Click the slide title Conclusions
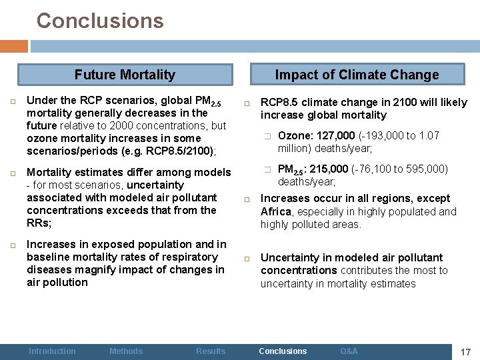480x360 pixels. click(100, 21)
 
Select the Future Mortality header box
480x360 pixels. click(125, 75)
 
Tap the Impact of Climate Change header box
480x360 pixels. click(357, 75)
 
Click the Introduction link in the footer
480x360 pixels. click(52, 351)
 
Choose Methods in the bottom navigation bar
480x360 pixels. click(126, 351)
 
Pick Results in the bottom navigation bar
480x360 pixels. click(211, 351)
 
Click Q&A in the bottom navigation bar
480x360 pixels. click(349, 351)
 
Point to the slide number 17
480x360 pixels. click(466, 351)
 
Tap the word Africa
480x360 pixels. click(276, 212)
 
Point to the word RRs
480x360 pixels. click(37, 223)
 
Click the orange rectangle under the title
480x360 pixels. click(14, 47)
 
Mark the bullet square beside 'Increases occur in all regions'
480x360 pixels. click(247, 199)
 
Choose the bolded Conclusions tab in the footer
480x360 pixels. click(283, 351)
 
